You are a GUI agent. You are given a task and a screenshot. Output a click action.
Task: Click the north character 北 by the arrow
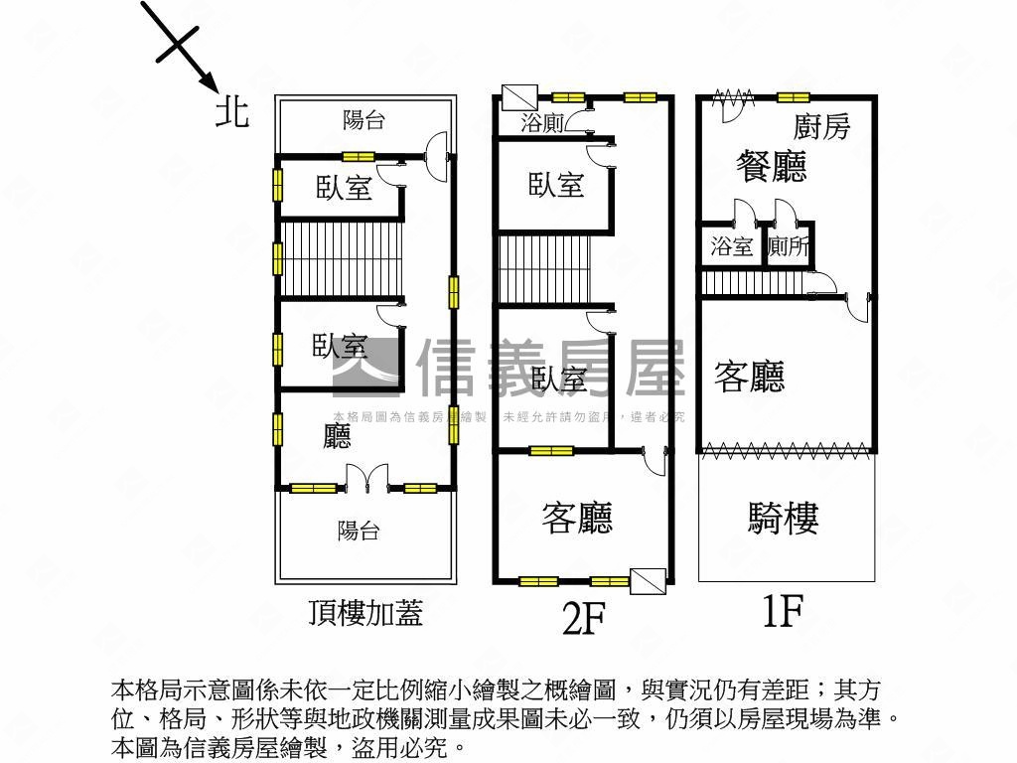pos(232,111)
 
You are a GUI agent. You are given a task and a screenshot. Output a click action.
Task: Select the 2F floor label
pos(584,618)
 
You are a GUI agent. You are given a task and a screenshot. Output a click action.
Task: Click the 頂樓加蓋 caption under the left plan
pos(365,613)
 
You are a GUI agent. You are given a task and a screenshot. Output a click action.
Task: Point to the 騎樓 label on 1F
pos(783,518)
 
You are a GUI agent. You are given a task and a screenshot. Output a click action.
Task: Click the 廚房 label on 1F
pos(821,126)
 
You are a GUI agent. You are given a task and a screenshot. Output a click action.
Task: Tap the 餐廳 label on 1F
pos(771,166)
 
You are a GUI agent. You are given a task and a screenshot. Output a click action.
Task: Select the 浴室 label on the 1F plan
pos(733,246)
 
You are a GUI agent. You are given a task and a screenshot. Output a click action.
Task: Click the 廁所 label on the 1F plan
pos(790,246)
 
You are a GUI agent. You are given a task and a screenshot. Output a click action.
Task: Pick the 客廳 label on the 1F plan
pos(750,377)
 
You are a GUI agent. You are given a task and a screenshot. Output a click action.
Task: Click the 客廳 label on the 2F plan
pos(577,518)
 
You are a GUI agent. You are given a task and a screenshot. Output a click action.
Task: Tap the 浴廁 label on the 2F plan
pos(542,123)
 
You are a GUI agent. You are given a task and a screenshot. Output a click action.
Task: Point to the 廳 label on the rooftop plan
pos(338,437)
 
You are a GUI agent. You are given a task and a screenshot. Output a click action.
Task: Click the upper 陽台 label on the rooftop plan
pos(363,120)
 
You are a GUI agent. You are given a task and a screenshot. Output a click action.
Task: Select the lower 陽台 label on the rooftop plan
pos(358,531)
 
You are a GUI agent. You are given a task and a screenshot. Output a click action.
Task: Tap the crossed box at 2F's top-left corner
pos(518,97)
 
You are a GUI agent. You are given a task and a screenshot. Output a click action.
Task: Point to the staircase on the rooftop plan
pos(339,259)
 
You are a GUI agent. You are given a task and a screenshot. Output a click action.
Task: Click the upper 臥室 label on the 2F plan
pos(556,184)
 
